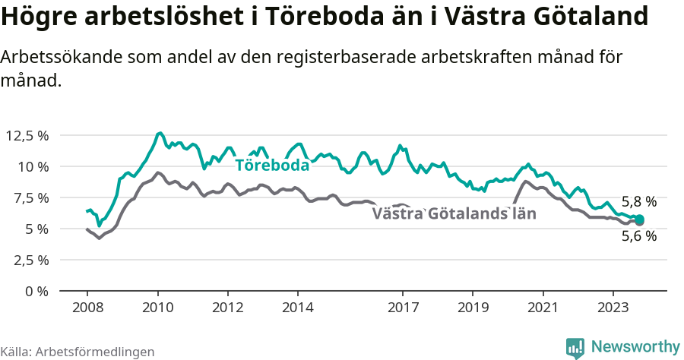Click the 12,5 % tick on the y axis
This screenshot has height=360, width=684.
27,135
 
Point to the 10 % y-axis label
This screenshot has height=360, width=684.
33,166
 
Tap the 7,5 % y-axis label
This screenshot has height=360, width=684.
30,197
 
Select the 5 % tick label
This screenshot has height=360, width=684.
36,229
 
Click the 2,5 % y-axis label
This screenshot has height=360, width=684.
30,260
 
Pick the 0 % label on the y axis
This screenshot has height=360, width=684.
36,291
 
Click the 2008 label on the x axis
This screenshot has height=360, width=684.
87,308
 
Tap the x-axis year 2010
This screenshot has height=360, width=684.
157,308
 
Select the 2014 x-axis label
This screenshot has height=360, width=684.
297,308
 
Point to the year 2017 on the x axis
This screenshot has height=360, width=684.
403,308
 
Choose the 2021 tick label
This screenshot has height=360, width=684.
543,308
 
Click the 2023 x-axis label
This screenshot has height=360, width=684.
613,308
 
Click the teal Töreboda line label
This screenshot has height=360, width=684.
272,166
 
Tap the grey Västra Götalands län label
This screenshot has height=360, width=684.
454,213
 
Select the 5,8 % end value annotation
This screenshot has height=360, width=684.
638,202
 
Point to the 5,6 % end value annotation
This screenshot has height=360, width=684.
638,235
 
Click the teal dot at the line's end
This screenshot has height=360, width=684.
639,220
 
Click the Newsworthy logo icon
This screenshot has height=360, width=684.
575,348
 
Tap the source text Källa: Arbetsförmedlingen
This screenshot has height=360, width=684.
78,352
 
